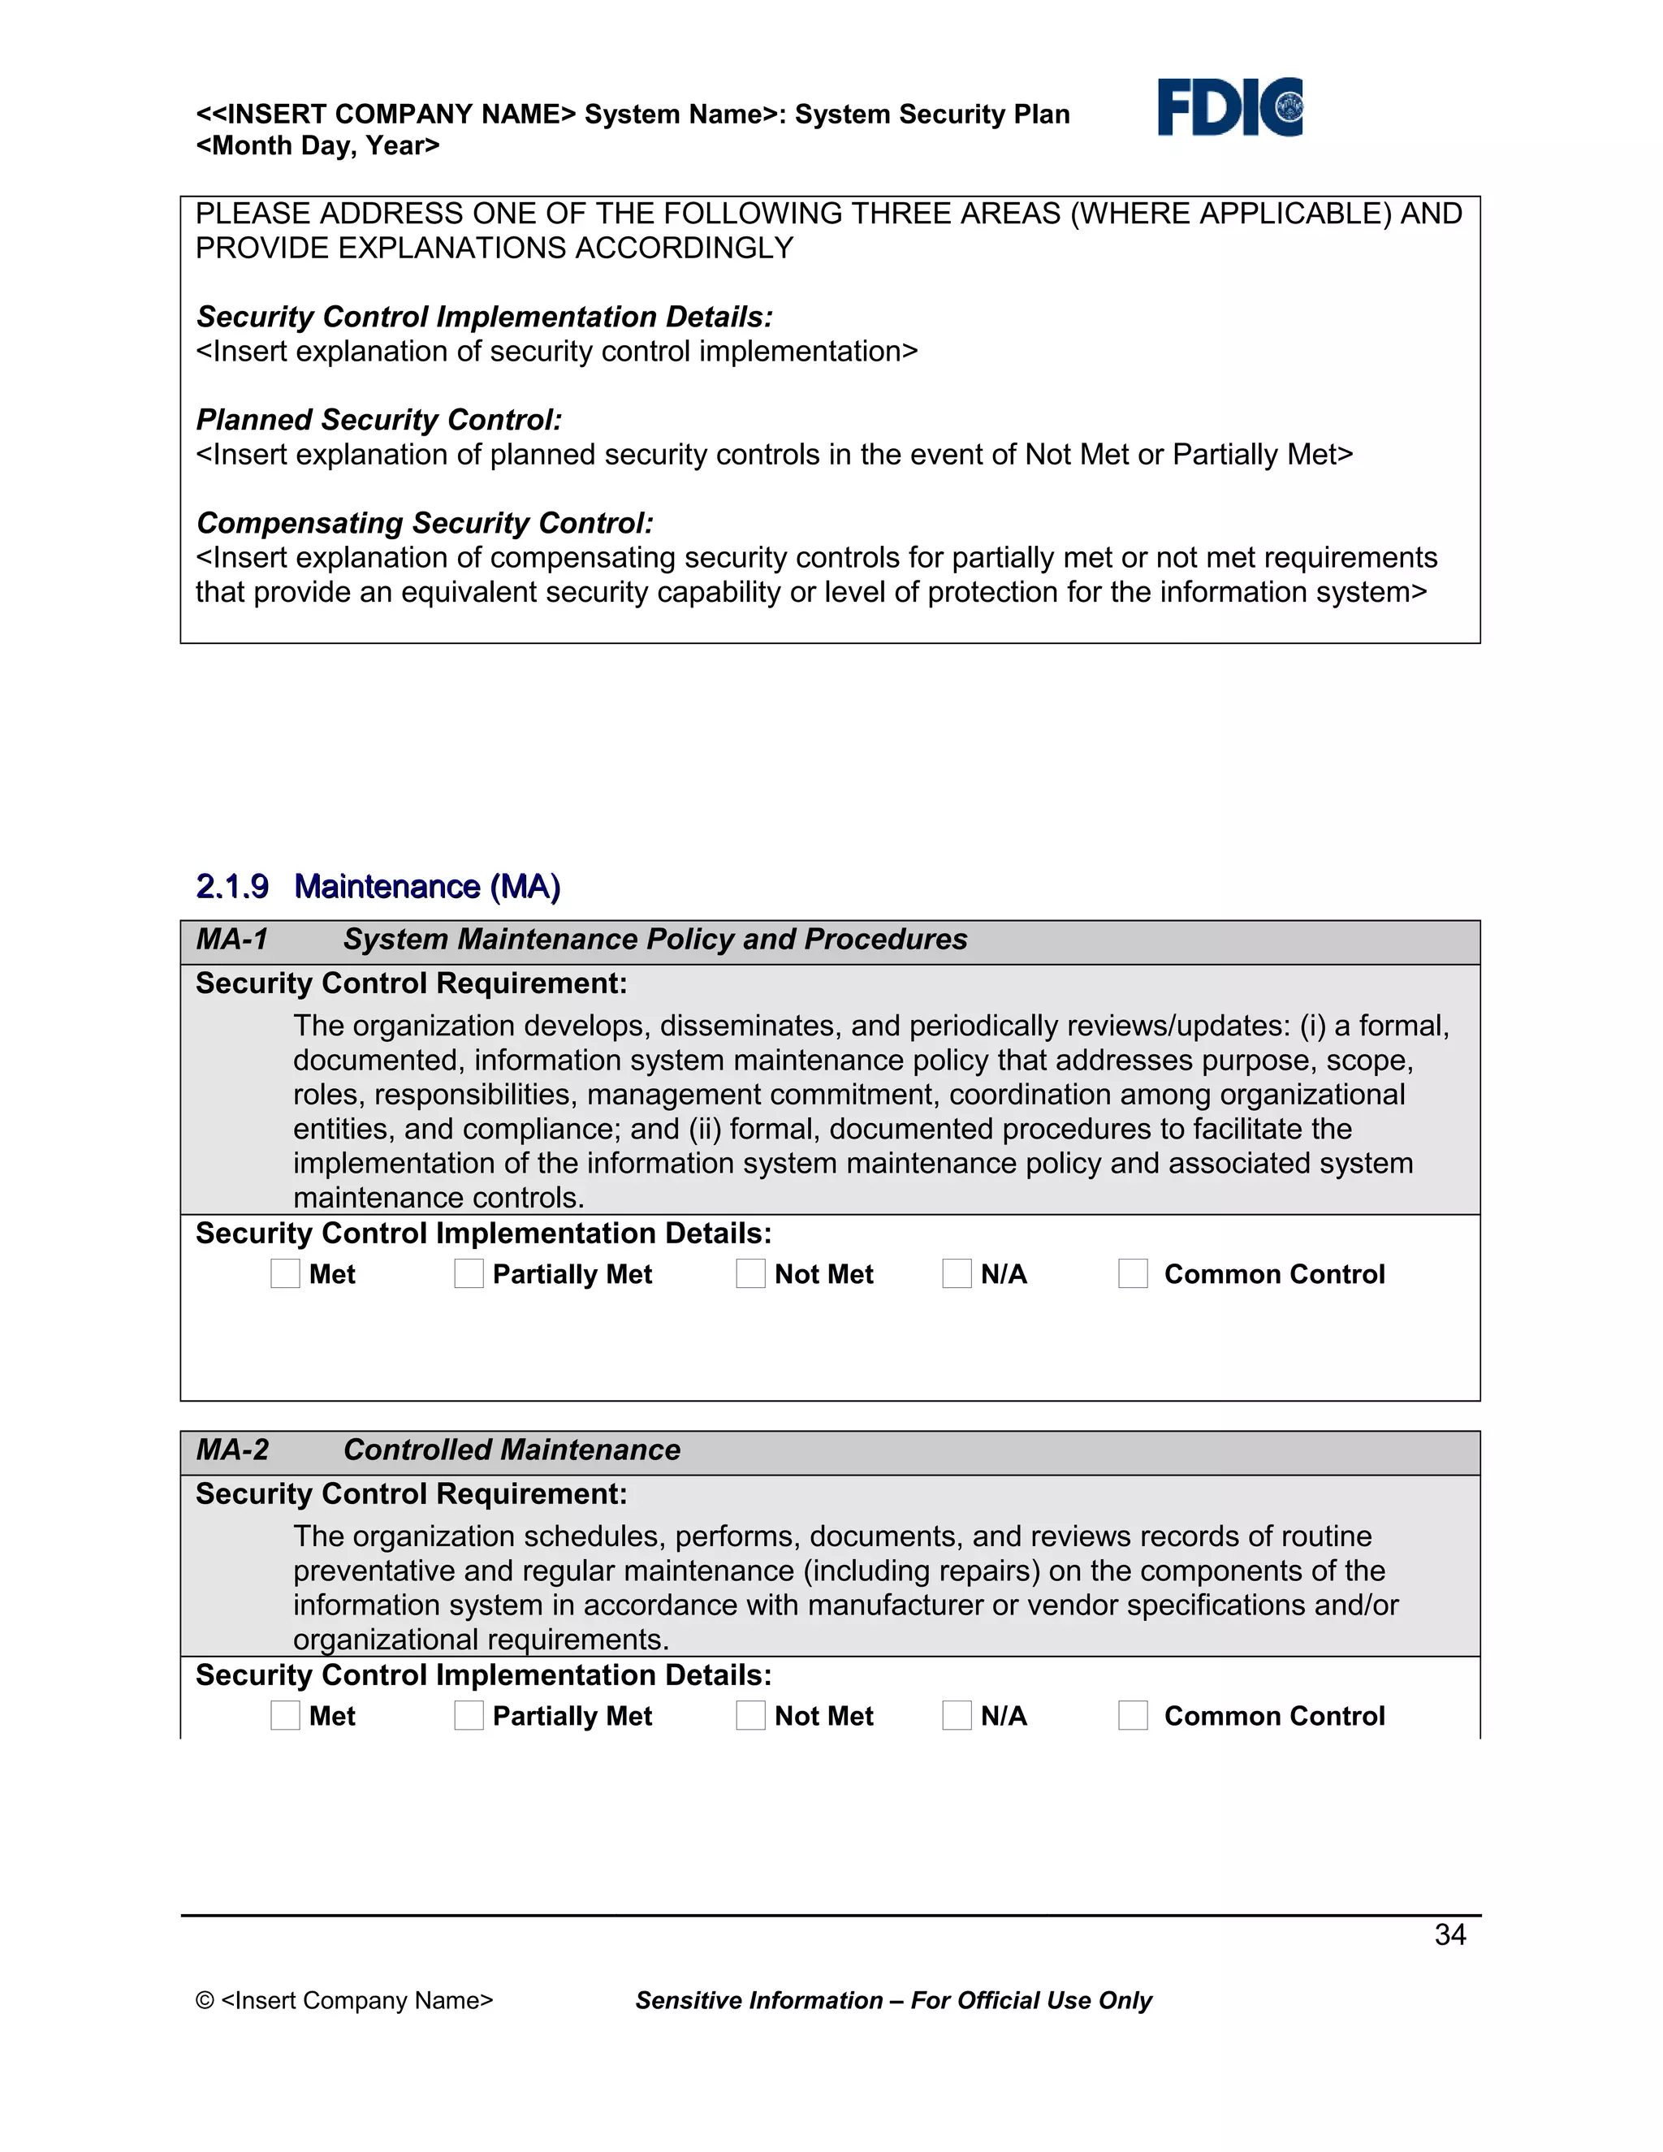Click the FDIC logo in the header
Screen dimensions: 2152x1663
(1229, 106)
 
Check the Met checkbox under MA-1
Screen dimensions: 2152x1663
(285, 1273)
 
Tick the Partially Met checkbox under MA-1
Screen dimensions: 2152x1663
(469, 1273)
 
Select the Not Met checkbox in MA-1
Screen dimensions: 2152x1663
(751, 1273)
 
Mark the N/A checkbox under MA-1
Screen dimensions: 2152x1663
(957, 1273)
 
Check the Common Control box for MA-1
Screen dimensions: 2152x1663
(1133, 1273)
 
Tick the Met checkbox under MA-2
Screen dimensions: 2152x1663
(285, 1714)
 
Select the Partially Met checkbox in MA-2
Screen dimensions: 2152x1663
(469, 1714)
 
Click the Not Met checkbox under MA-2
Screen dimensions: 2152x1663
(751, 1714)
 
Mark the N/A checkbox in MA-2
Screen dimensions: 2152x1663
(957, 1714)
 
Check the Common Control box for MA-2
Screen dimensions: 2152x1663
(1133, 1714)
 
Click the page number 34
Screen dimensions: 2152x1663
(1449, 1934)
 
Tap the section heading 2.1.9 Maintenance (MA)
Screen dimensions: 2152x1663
(378, 887)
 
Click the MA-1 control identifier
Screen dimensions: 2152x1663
(232, 939)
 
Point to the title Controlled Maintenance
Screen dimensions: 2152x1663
(512, 1450)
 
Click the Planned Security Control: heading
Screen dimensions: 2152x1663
(379, 420)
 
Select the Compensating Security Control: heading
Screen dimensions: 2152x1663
(425, 523)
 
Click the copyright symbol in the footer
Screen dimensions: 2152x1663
(205, 2000)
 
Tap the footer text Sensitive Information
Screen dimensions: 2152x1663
(758, 2000)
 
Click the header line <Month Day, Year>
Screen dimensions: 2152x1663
(317, 146)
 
